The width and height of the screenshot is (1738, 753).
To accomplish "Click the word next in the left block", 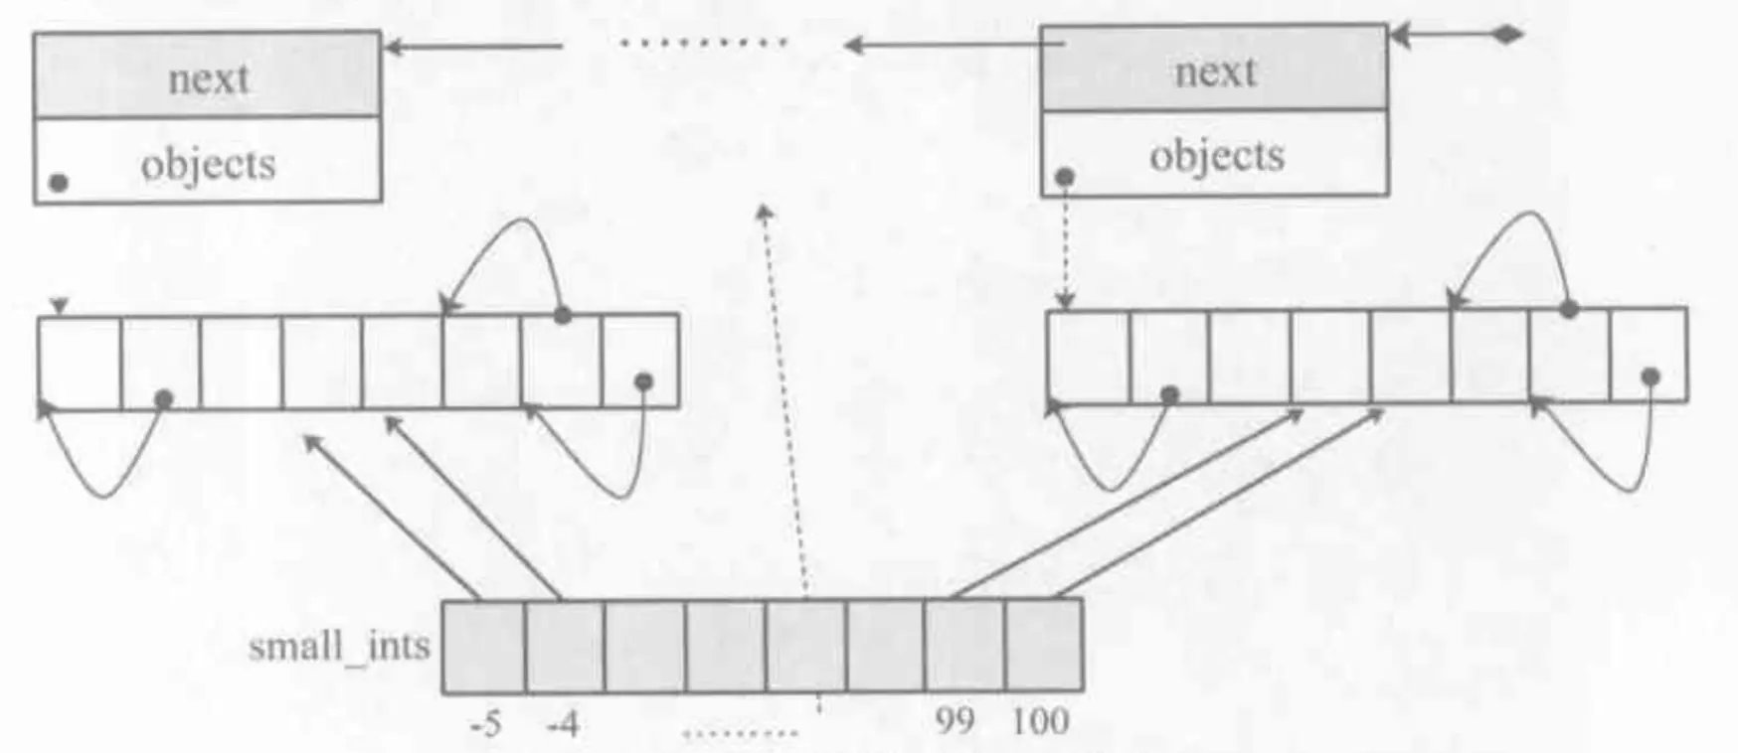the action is (208, 78).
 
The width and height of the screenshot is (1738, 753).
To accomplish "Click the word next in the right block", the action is (1215, 72).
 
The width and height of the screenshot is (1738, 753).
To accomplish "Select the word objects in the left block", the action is (208, 164).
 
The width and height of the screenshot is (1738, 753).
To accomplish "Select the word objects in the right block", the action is (1217, 156).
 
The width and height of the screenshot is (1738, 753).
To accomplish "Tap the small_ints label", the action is (339, 647).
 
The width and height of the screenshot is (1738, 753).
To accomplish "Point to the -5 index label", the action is (485, 723).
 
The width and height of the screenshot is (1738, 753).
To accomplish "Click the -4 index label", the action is (563, 723).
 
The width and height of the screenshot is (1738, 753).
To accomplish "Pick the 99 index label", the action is (955, 721).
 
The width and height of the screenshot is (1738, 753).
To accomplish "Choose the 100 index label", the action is (1040, 721).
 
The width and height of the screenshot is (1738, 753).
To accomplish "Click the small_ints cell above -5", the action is (484, 647).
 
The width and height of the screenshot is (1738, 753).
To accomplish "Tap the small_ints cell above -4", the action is (565, 647).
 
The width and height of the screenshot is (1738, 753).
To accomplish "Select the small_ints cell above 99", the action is (964, 645).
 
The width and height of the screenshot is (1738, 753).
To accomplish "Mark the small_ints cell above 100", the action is (1044, 645).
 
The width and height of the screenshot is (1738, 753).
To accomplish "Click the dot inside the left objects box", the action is (60, 183).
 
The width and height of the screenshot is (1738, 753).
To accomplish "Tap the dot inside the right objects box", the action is (1065, 177).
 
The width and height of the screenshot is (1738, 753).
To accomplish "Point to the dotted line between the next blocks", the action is (703, 43).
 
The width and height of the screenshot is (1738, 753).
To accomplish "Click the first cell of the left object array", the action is (80, 363).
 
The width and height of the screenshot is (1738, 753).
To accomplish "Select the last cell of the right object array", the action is (1648, 355).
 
